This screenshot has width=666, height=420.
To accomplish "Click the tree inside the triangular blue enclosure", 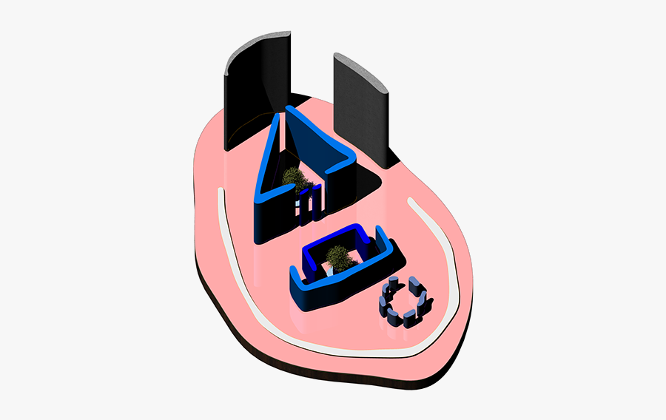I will pos(294,178).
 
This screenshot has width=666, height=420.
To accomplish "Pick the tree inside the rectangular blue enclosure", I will pos(339,257).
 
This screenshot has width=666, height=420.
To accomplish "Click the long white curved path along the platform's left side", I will pos(244,296).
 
